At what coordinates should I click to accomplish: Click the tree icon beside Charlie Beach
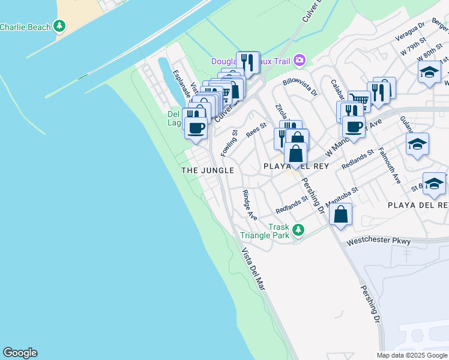[59, 26]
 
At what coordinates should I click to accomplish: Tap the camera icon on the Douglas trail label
[299, 61]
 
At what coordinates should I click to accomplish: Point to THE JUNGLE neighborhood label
[208, 170]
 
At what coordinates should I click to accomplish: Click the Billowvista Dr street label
[300, 87]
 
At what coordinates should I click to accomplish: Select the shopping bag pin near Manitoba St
[340, 215]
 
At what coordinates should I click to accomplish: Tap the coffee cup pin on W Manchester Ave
[354, 127]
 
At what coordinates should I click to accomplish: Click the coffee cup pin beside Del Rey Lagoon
[196, 127]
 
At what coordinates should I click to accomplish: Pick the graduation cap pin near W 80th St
[430, 72]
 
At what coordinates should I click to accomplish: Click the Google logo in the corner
[20, 353]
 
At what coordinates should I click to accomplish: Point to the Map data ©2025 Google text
[412, 355]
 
